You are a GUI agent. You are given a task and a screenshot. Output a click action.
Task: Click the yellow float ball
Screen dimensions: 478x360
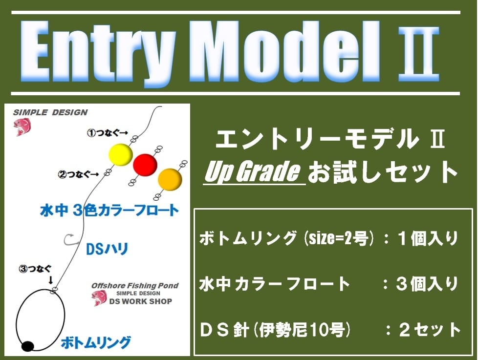point(121,155)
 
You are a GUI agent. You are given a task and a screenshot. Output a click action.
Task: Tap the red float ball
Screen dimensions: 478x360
point(145,165)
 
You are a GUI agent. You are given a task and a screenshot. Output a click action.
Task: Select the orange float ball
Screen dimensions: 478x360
point(170,179)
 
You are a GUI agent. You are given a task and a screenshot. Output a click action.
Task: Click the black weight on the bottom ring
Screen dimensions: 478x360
point(27,346)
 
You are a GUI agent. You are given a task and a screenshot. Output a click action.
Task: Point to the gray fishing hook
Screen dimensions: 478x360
point(69,240)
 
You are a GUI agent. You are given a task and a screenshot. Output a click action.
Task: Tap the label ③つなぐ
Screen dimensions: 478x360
point(35,269)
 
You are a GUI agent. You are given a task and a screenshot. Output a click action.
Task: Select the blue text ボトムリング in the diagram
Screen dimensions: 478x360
point(96,342)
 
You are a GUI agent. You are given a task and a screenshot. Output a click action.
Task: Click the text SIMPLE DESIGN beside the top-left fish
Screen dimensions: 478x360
point(50,112)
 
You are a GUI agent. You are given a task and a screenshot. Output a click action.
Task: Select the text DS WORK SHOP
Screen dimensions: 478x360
point(141,301)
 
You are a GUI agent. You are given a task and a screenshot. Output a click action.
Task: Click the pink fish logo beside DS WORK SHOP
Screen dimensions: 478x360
point(99,298)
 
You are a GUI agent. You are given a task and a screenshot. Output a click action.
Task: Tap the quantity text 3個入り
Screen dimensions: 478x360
point(427,284)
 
